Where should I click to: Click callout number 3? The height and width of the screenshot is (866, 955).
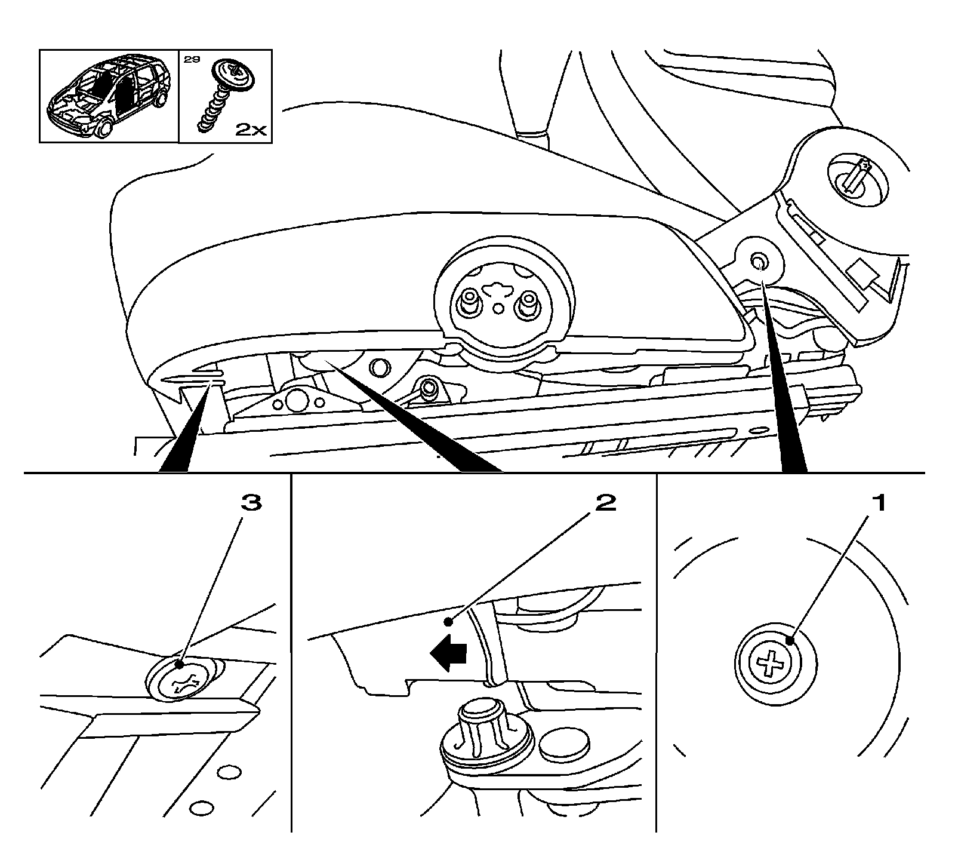click(251, 503)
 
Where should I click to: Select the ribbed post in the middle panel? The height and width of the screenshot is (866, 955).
click(481, 726)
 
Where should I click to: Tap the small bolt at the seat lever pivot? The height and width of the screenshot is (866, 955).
click(429, 388)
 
